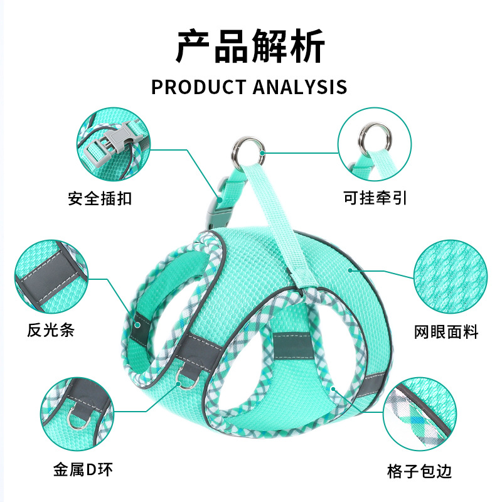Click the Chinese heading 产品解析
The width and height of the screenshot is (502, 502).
coord(250,46)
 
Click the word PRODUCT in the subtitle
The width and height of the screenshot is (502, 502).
coord(198,86)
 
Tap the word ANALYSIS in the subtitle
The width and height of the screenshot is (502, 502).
coord(299,86)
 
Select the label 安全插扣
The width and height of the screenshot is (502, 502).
coord(100,200)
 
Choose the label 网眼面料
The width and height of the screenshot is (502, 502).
coord(446,331)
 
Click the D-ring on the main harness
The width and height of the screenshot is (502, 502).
coord(188,379)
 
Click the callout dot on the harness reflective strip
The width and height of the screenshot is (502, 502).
coord(137,324)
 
